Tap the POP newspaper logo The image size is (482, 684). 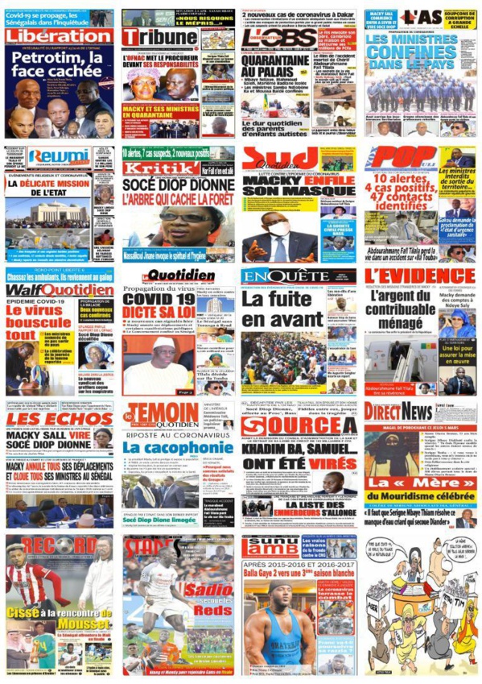pos(395,157)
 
